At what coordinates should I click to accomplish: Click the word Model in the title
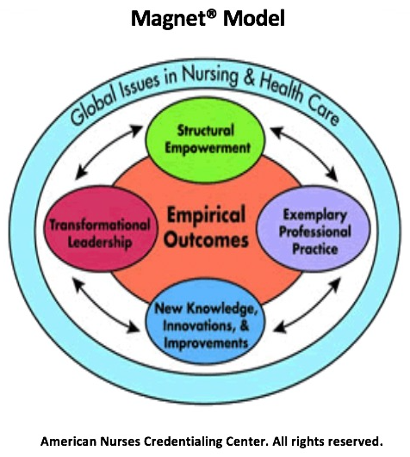tap(254, 18)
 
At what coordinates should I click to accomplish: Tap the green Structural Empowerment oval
tap(205, 140)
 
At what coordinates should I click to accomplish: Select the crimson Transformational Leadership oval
tap(100, 229)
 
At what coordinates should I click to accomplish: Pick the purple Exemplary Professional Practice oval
tap(314, 229)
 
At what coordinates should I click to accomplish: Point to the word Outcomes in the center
tap(206, 240)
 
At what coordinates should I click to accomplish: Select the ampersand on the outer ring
tap(249, 78)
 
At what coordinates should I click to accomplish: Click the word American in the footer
tap(68, 442)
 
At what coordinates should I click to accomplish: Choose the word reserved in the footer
tap(355, 442)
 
